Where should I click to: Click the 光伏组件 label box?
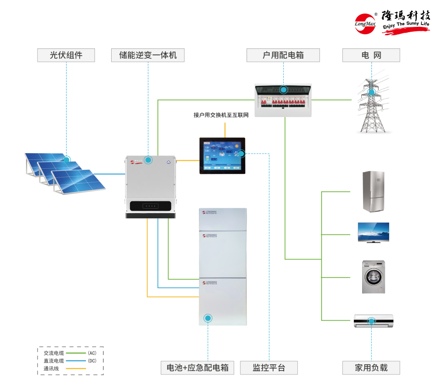(x=66, y=56)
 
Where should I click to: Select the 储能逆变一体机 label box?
(x=148, y=56)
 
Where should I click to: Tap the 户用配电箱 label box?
(x=284, y=56)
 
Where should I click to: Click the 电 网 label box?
(x=371, y=56)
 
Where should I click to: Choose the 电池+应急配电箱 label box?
(x=198, y=368)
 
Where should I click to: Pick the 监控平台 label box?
(x=269, y=368)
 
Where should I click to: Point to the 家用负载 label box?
(x=371, y=368)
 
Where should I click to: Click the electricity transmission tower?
(x=373, y=104)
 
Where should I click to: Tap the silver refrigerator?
(x=373, y=192)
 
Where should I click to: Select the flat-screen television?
(x=373, y=232)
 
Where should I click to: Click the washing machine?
(x=373, y=277)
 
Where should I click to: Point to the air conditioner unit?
(x=374, y=321)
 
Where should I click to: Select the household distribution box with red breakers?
(x=283, y=100)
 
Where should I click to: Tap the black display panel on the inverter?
(x=150, y=206)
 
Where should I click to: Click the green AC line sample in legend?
(x=75, y=353)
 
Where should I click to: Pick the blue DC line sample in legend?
(x=75, y=361)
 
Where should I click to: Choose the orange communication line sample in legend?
(x=75, y=368)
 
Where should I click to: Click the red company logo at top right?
(x=392, y=22)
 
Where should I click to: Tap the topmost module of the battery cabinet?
(x=222, y=218)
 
